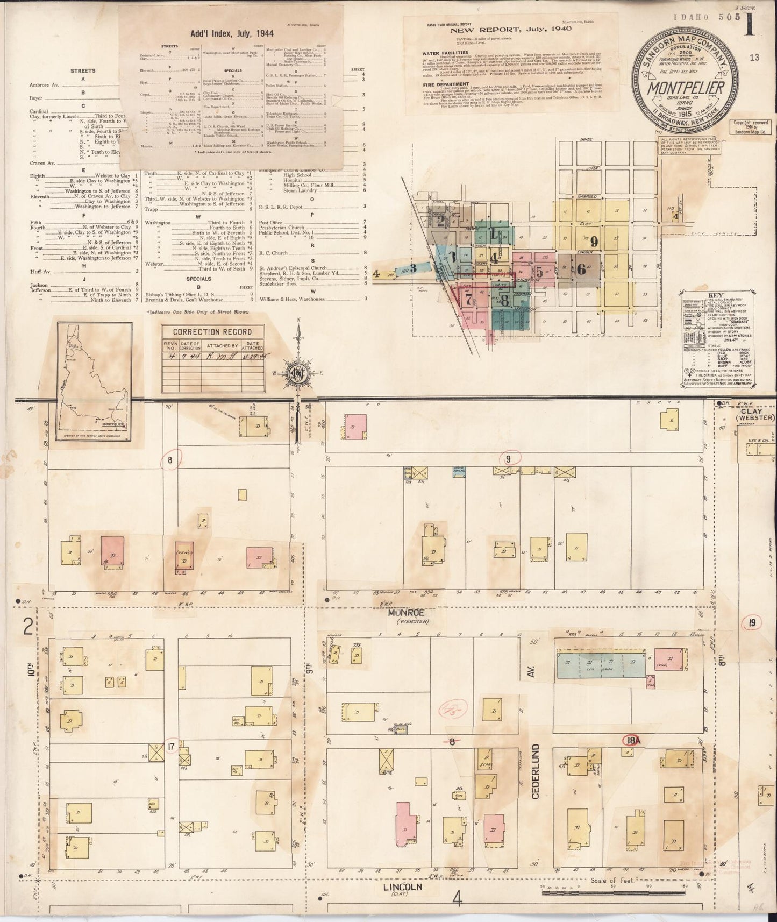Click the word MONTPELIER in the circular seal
[680, 88]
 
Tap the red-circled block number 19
[752, 623]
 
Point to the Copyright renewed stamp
[752, 126]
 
